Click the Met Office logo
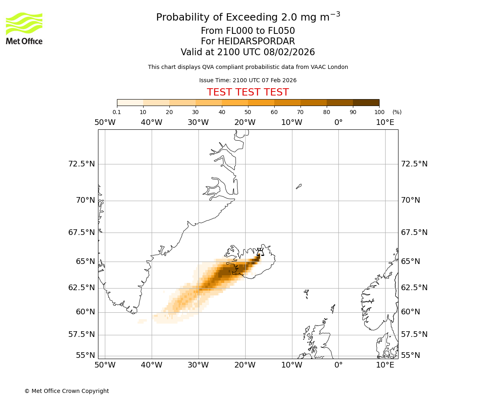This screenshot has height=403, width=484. [24, 28]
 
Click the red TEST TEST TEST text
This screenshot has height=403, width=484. [248, 92]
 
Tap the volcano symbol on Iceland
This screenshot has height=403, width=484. [260, 252]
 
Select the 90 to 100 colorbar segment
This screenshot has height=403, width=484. [366, 102]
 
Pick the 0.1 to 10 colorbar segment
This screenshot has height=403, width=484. [130, 102]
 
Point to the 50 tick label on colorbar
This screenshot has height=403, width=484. [248, 112]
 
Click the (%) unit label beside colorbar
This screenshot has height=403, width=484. [397, 112]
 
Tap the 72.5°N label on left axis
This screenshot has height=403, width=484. [81, 164]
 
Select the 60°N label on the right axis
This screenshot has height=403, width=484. [410, 312]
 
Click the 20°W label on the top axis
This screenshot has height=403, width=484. [245, 122]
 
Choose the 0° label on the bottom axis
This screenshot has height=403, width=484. [338, 365]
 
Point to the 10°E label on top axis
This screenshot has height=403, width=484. [385, 122]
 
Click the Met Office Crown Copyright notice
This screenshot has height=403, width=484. [67, 391]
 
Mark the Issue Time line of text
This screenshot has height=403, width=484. [248, 80]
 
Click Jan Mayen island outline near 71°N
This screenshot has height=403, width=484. [298, 186]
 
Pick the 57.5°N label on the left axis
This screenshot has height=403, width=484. [81, 334]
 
